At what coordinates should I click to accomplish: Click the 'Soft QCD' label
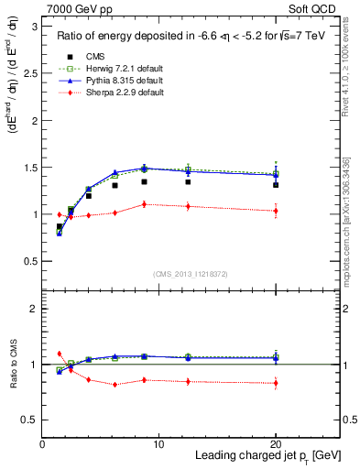click(312, 8)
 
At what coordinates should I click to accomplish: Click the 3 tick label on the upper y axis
click(35, 27)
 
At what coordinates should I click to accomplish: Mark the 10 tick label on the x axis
click(158, 444)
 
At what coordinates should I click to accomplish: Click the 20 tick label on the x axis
click(276, 444)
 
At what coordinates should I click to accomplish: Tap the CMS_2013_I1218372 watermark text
click(191, 274)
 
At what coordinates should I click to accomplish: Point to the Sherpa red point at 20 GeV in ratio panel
click(276, 383)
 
